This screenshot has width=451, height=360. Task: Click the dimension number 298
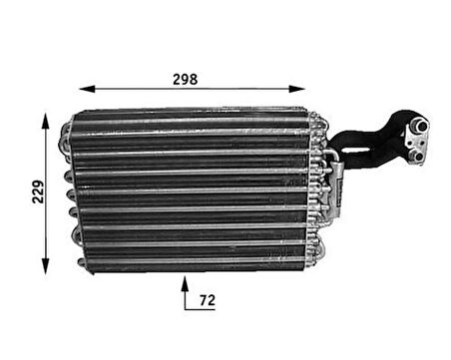tap(185, 79)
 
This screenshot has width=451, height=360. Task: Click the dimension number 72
tap(208, 298)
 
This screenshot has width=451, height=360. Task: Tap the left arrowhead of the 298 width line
tap(85, 88)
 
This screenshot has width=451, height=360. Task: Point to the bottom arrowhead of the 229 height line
tap(46, 267)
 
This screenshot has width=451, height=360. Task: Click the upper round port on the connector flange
tap(420, 126)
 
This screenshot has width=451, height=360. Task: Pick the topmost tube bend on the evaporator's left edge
tap(67, 127)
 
